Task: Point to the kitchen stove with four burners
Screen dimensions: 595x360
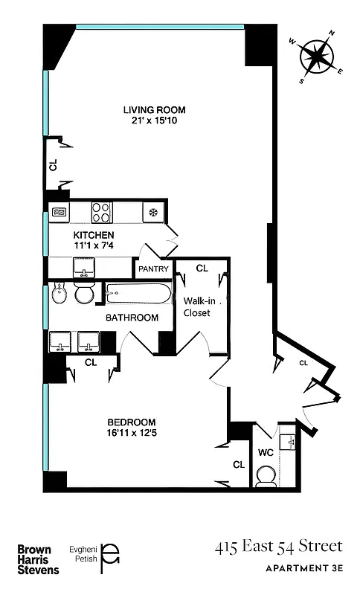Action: pyautogui.click(x=102, y=213)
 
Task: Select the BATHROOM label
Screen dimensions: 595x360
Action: pyautogui.click(x=132, y=318)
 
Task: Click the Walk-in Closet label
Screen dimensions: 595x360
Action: pyautogui.click(x=197, y=306)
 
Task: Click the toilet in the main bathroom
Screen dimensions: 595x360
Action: pyautogui.click(x=83, y=294)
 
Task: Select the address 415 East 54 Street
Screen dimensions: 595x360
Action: pyautogui.click(x=279, y=547)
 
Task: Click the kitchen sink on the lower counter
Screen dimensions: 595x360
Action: pyautogui.click(x=83, y=267)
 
